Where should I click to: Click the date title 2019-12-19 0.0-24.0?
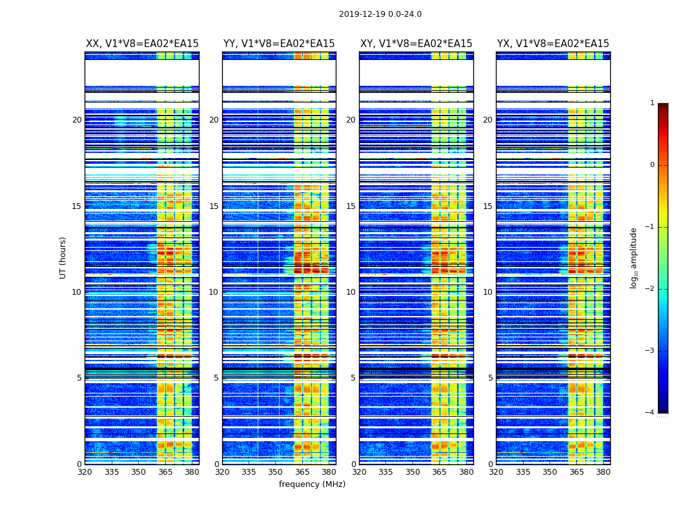pyautogui.click(x=380, y=14)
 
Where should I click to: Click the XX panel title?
pyautogui.click(x=142, y=44)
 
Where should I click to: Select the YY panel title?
pyautogui.click(x=279, y=44)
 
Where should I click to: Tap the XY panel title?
pyautogui.click(x=416, y=44)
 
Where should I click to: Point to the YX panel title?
pyautogui.click(x=553, y=44)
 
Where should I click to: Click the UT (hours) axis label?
pyautogui.click(x=63, y=257)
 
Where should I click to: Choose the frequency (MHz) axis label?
pyautogui.click(x=312, y=484)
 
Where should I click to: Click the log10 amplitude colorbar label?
pyautogui.click(x=634, y=257)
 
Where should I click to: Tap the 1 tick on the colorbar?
pyautogui.click(x=652, y=103)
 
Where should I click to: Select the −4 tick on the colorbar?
pyautogui.click(x=650, y=413)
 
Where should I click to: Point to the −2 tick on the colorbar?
pyautogui.click(x=650, y=289)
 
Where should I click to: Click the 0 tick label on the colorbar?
pyautogui.click(x=652, y=165)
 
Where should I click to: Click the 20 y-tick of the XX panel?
pyautogui.click(x=77, y=120)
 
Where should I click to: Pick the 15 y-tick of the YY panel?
pyautogui.click(x=214, y=206)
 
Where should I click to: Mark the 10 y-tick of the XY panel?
pyautogui.click(x=351, y=292)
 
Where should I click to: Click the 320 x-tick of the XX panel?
pyautogui.click(x=85, y=471)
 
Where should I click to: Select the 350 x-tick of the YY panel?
pyautogui.click(x=276, y=471)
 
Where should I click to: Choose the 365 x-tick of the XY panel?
pyautogui.click(x=439, y=471)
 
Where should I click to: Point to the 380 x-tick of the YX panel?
pyautogui.click(x=603, y=471)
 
